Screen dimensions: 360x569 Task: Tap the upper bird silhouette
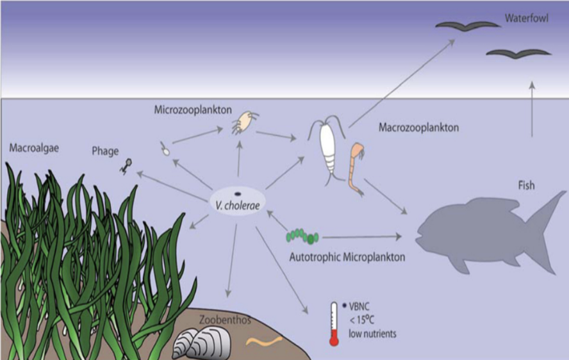(x=468, y=26)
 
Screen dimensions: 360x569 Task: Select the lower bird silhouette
(x=518, y=53)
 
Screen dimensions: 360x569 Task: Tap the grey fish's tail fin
(x=547, y=227)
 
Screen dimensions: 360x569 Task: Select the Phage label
(x=105, y=151)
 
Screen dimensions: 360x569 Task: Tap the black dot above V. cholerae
(x=237, y=194)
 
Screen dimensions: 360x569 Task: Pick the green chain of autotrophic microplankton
(x=302, y=236)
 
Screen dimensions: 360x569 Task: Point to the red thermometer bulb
(x=333, y=341)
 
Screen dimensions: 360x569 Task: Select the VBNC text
(x=360, y=306)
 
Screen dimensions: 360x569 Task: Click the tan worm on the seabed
(x=264, y=341)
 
